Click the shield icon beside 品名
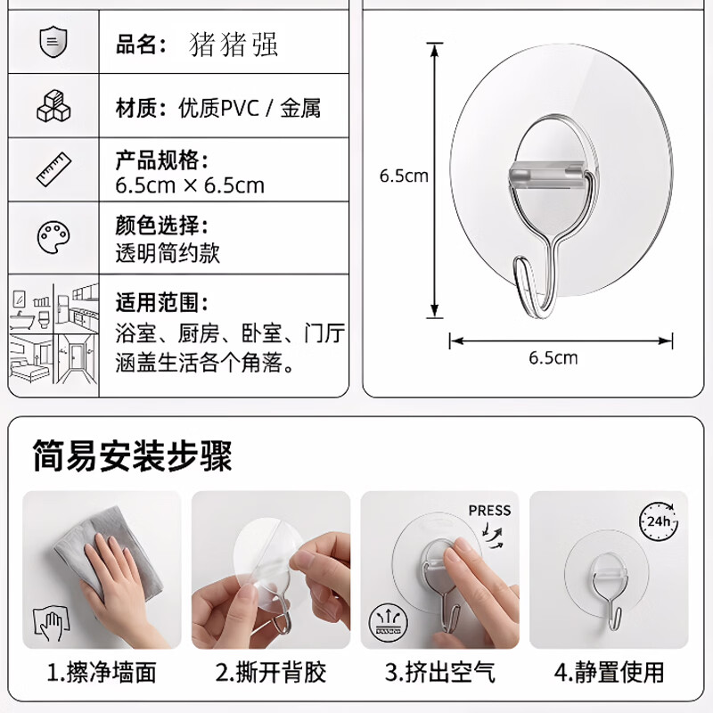pyautogui.click(x=53, y=42)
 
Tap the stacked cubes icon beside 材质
pyautogui.click(x=53, y=106)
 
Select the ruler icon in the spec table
pyautogui.click(x=53, y=169)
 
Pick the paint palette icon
pyautogui.click(x=53, y=237)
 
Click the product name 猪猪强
pyautogui.click(x=233, y=45)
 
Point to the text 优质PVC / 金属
pyautogui.click(x=250, y=108)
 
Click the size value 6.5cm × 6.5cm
pyautogui.click(x=190, y=185)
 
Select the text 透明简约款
pyautogui.click(x=168, y=253)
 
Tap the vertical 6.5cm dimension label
pyautogui.click(x=404, y=176)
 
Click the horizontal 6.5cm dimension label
pyautogui.click(x=553, y=358)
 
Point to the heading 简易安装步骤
pyautogui.click(x=132, y=455)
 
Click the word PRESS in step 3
pyautogui.click(x=489, y=510)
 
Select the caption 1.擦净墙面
pyautogui.click(x=102, y=673)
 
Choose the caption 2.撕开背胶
pyautogui.click(x=271, y=673)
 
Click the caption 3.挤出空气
pyautogui.click(x=440, y=673)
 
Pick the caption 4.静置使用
pyautogui.click(x=610, y=673)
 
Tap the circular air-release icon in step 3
pyautogui.click(x=389, y=621)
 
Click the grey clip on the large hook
pyautogui.click(x=547, y=175)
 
